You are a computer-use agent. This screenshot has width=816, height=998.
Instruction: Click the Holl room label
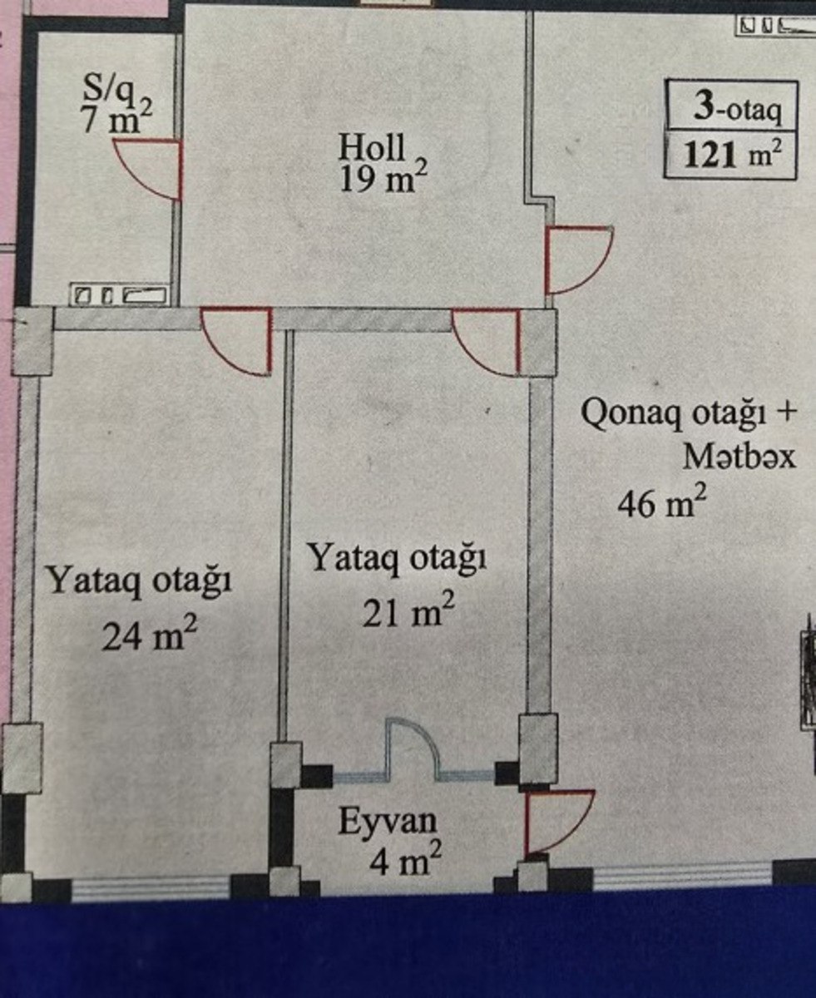372,147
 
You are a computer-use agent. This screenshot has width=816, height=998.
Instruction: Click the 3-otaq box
731,107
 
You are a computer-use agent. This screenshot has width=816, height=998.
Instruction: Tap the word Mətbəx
739,457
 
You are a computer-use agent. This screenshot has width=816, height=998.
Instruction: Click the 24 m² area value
150,635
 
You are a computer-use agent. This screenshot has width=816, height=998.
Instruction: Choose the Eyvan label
387,822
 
